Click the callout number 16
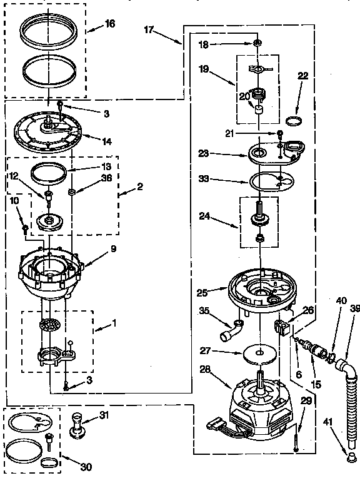click(x=110, y=24)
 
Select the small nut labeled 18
click(x=257, y=44)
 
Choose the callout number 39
click(x=354, y=308)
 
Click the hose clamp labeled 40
click(x=339, y=358)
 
